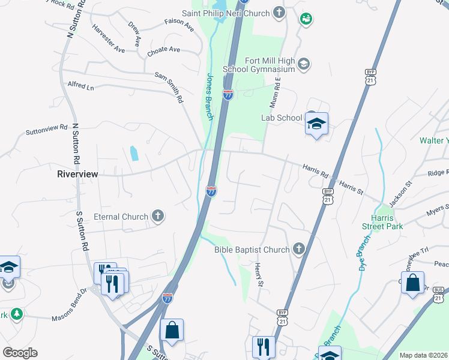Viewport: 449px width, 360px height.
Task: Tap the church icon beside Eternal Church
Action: click(x=157, y=216)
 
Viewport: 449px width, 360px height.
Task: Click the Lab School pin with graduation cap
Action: click(x=316, y=124)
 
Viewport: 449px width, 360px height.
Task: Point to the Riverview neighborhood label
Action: click(x=77, y=173)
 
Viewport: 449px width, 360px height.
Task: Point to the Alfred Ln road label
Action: click(x=81, y=87)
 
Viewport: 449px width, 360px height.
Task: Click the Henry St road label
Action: click(x=259, y=274)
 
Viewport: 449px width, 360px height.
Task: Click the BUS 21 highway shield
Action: click(x=439, y=295)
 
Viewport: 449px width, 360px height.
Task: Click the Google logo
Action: click(x=19, y=353)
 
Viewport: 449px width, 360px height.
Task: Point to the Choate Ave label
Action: click(x=164, y=50)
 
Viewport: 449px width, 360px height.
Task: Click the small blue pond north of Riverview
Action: click(x=134, y=153)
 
